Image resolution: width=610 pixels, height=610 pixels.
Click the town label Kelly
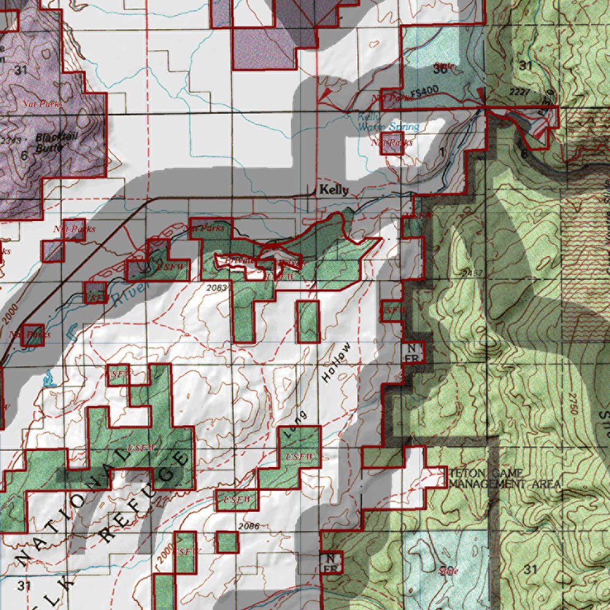(333, 190)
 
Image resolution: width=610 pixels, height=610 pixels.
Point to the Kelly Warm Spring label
(388, 123)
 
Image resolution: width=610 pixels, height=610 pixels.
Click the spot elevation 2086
(248, 526)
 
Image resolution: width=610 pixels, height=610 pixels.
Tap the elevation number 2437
(472, 273)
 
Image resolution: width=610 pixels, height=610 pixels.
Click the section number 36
(441, 69)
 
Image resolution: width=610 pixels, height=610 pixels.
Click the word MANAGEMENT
(485, 484)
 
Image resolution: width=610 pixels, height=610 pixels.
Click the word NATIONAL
(71, 506)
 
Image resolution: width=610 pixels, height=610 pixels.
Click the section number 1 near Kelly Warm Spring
(441, 152)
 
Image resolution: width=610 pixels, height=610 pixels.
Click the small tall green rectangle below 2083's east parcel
(308, 321)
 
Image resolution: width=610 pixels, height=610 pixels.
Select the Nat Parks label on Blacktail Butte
(42, 104)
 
